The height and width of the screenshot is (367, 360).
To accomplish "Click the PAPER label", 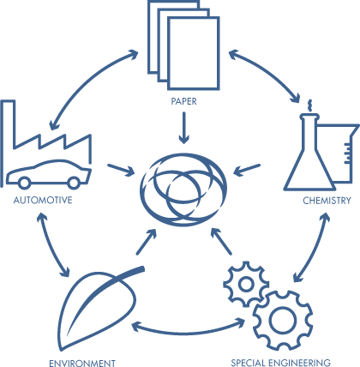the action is pos(183,101).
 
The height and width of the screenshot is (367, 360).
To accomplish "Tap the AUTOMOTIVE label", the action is pos(43,200).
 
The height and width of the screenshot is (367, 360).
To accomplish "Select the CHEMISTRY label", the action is pos(327,201).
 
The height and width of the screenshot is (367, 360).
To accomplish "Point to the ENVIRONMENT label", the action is pos(82,363).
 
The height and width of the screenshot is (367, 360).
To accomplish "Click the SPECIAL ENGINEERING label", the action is pos(281,363).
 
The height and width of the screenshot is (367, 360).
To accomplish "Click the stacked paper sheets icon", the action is pos(184,45).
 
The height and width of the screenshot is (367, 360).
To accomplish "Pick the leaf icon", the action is pos(100,309).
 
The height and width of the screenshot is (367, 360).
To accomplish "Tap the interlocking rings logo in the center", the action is pos(183,190).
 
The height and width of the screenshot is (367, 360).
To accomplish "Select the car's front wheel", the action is pos(74,183).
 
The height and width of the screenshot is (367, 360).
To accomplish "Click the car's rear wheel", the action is pos(24,183).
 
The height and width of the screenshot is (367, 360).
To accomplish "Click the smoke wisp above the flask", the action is pos(309,105).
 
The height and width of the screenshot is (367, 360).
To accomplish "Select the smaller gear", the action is pos(246,284).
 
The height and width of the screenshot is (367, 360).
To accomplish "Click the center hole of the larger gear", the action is pos(283,321).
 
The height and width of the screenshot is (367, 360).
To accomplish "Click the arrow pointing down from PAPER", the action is pos(183,128).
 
